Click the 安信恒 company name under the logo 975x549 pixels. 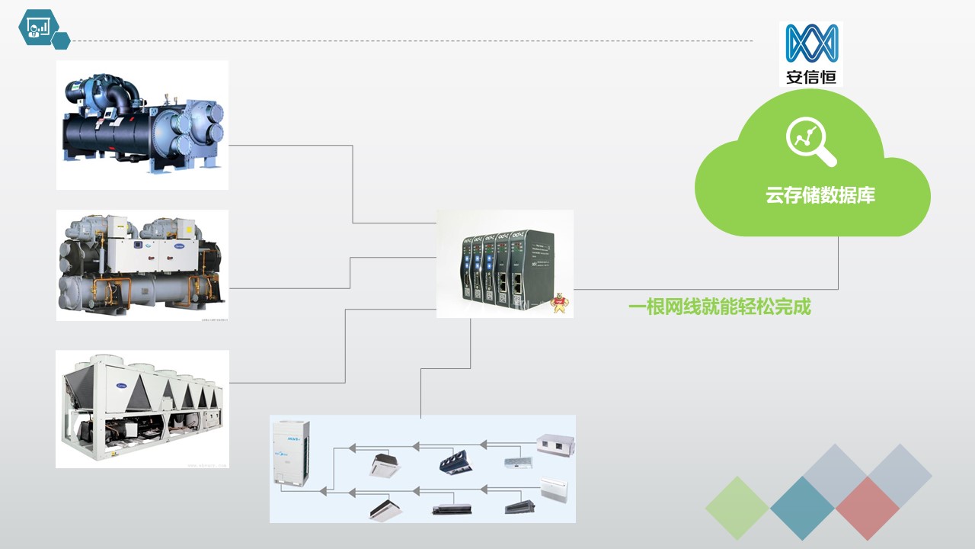click(811, 76)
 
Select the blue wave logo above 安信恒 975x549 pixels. click(812, 43)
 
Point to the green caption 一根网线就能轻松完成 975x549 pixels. click(719, 307)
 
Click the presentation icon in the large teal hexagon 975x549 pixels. click(38, 27)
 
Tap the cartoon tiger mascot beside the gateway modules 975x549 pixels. click(559, 303)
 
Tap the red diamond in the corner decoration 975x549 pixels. click(868, 509)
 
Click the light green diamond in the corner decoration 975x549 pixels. click(737, 509)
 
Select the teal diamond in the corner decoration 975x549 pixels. click(802, 509)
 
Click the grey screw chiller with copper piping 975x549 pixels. click(142, 265)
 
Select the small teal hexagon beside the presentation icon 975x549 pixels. click(62, 40)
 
